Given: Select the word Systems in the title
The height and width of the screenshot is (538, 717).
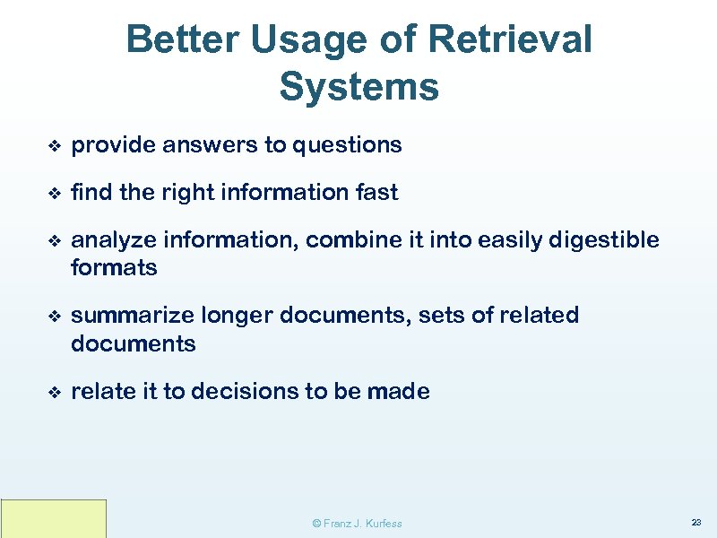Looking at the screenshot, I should click(x=358, y=87).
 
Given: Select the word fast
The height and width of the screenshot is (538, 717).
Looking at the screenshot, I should click(x=376, y=192).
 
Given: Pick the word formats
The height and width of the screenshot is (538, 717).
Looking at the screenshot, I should click(x=114, y=267).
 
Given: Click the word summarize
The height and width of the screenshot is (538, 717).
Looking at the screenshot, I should click(x=131, y=316).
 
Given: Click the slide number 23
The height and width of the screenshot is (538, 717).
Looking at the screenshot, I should click(x=695, y=522).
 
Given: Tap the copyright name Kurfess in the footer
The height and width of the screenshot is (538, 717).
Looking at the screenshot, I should click(x=384, y=523).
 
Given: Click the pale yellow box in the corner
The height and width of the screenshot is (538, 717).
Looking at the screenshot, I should click(x=54, y=518).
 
